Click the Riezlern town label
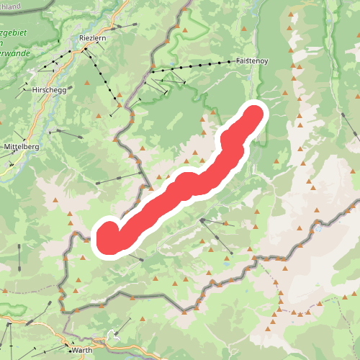(93, 40)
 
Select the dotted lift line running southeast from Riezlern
(100, 72)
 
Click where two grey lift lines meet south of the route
(203, 220)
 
